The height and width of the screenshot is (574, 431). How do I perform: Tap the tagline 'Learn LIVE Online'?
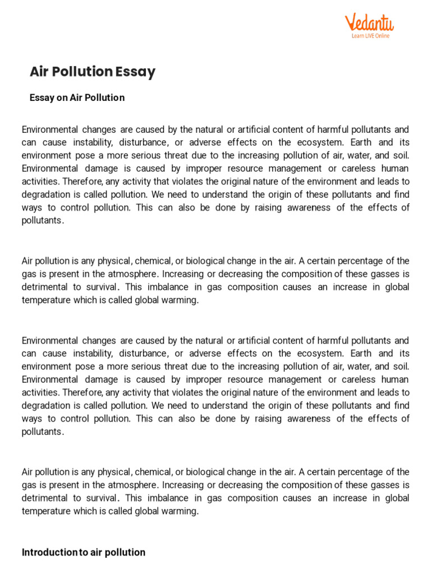(x=370, y=36)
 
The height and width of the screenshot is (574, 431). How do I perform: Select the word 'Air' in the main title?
(x=39, y=72)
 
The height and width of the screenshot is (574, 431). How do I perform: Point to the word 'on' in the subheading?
(x=62, y=98)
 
